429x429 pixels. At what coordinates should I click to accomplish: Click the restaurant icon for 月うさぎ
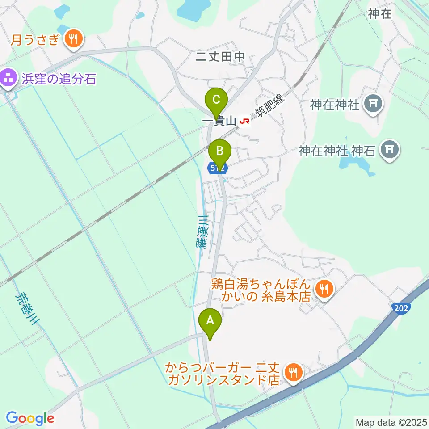(x=72, y=39)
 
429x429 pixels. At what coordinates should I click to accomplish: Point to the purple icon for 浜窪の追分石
(x=8, y=80)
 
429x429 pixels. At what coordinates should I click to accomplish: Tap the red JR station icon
(x=244, y=122)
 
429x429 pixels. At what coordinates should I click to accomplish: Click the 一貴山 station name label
(x=220, y=122)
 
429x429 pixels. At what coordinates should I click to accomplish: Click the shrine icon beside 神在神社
(x=374, y=105)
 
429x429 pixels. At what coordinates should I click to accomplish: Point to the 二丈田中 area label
(x=221, y=56)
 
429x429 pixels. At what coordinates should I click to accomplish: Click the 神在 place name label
(x=380, y=14)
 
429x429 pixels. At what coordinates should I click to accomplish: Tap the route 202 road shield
(x=400, y=308)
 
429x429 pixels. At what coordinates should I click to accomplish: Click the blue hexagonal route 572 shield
(x=218, y=168)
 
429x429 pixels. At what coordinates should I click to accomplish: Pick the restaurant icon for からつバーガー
(x=293, y=372)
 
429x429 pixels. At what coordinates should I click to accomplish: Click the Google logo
(x=30, y=418)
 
